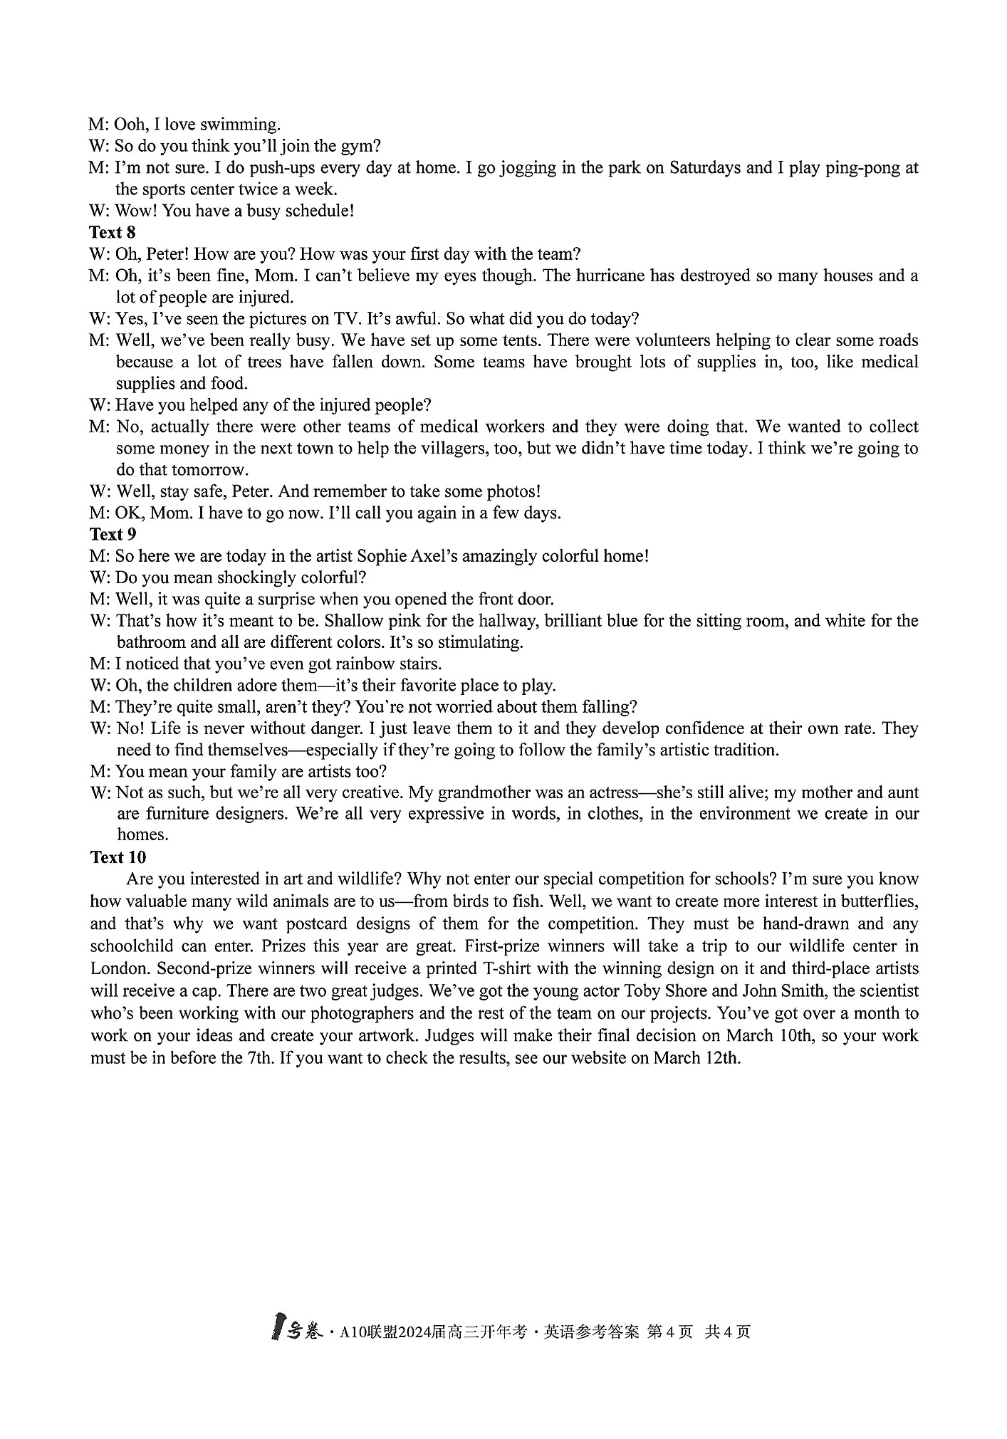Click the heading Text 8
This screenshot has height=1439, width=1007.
(113, 232)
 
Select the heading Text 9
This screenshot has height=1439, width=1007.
(113, 534)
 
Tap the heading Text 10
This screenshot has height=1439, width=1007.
(118, 857)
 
